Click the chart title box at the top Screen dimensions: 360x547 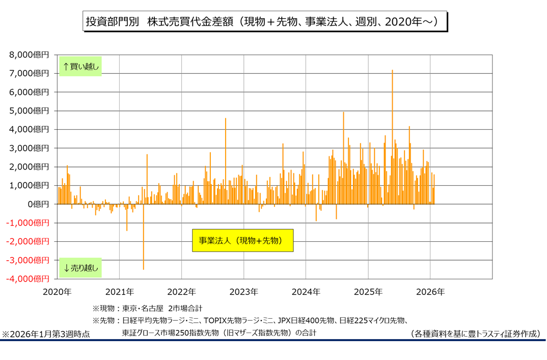pos(265,22)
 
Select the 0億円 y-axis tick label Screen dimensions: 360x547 pos(39,204)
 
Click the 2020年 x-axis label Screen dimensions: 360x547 pos(57,292)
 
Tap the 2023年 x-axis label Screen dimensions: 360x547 pos(243,292)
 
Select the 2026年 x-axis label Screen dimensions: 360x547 pos(430,292)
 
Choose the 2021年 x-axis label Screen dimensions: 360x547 pos(119,292)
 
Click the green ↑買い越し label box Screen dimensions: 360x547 pos(80,66)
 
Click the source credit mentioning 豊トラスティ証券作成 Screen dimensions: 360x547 pos(475,334)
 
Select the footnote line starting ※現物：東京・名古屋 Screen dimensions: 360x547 pos(147,308)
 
